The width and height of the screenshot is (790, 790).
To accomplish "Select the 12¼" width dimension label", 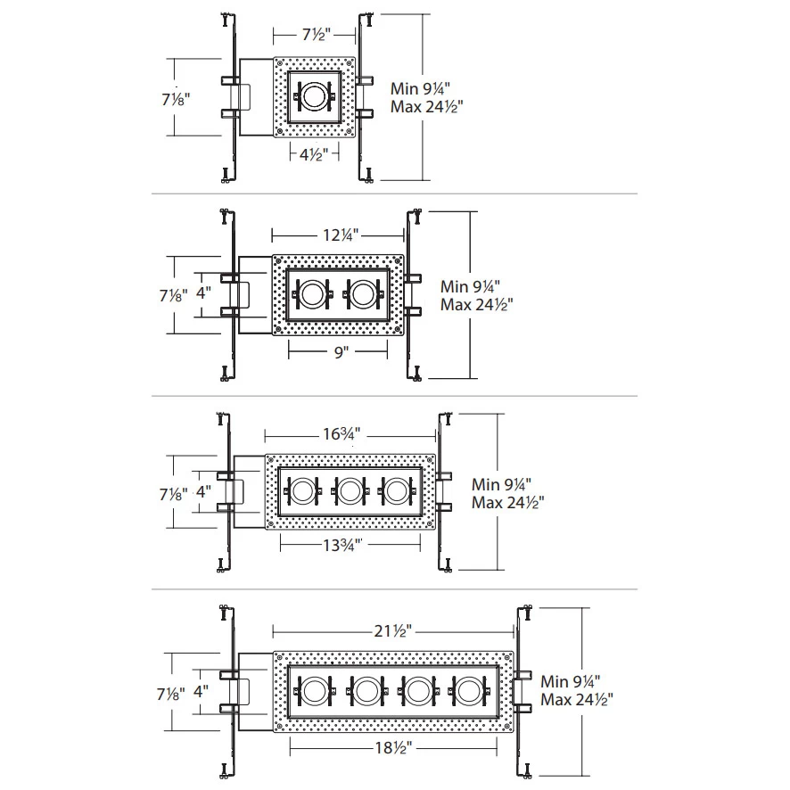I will click(339, 235).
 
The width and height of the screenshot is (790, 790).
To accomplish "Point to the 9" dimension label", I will click(339, 352).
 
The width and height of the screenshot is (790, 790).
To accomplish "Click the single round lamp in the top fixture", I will click(315, 97).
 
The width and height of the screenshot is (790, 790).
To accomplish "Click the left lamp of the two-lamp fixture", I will click(312, 294).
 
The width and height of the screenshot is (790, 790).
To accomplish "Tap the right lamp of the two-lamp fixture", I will click(362, 294).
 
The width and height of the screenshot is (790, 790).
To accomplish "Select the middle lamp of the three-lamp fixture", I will click(349, 490).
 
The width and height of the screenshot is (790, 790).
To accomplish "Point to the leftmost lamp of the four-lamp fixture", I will click(314, 690).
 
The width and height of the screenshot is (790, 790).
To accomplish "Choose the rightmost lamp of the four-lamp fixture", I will click(469, 690).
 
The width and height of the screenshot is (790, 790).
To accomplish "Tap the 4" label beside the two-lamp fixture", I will click(204, 292).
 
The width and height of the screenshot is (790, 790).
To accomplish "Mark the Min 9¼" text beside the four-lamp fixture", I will click(576, 680).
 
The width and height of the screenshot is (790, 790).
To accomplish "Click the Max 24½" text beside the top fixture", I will click(427, 106).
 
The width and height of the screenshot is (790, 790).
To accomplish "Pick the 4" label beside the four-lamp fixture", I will click(204, 689).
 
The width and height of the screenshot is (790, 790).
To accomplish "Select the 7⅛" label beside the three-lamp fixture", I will click(177, 491).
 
